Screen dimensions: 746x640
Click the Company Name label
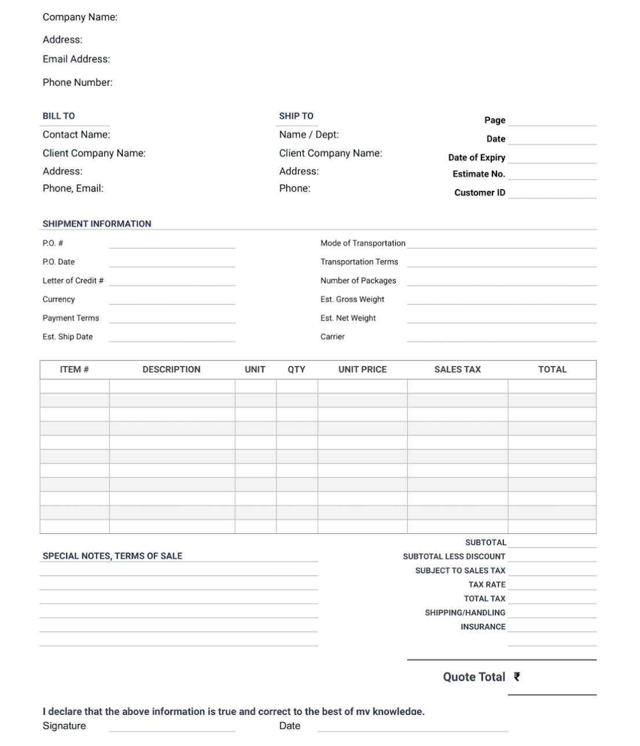pyautogui.click(x=80, y=17)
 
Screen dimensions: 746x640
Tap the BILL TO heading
pyautogui.click(x=58, y=116)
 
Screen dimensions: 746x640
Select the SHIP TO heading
pyautogui.click(x=296, y=116)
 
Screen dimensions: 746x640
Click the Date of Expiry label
pyautogui.click(x=477, y=157)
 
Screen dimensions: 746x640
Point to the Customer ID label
pyautogui.click(x=480, y=193)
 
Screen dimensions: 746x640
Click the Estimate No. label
pyautogui.click(x=479, y=174)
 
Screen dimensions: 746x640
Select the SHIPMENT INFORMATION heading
pyautogui.click(x=97, y=224)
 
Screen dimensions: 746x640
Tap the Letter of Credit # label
pyautogui.click(x=73, y=280)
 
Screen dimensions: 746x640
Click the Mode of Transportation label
pyautogui.click(x=363, y=243)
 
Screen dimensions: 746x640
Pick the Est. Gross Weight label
pyautogui.click(x=352, y=299)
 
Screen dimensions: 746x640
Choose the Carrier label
pyautogui.click(x=333, y=337)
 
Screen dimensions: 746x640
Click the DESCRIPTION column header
pyautogui.click(x=171, y=370)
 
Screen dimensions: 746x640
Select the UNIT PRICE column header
pyautogui.click(x=362, y=370)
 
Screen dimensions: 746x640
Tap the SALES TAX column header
pyautogui.click(x=457, y=370)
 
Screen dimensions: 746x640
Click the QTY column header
pyautogui.click(x=296, y=370)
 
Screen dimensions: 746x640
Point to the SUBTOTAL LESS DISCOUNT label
pyautogui.click(x=454, y=556)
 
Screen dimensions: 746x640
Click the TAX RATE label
pyautogui.click(x=487, y=585)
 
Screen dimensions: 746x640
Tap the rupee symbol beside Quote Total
pyautogui.click(x=517, y=677)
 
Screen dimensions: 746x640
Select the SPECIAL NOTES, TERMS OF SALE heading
pyautogui.click(x=112, y=556)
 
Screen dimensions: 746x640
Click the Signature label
pyautogui.click(x=64, y=726)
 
